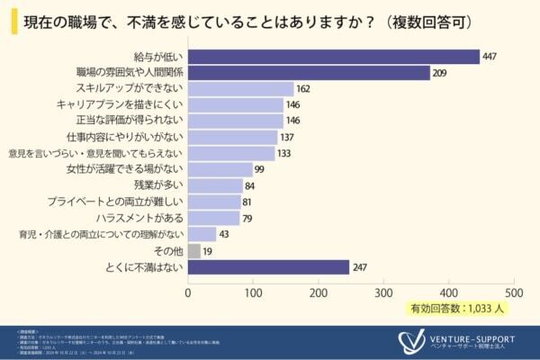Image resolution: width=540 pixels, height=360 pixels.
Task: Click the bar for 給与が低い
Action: [333, 57]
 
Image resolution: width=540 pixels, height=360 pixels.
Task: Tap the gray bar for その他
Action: [193, 250]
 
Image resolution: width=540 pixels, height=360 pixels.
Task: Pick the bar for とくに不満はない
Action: [268, 266]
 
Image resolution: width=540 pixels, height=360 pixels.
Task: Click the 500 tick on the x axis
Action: [514, 292]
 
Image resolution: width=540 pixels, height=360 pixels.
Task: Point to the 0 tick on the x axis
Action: [188, 292]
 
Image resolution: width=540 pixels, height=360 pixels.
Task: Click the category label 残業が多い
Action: [157, 185]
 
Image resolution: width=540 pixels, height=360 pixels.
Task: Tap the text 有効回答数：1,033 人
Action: [462, 309]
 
